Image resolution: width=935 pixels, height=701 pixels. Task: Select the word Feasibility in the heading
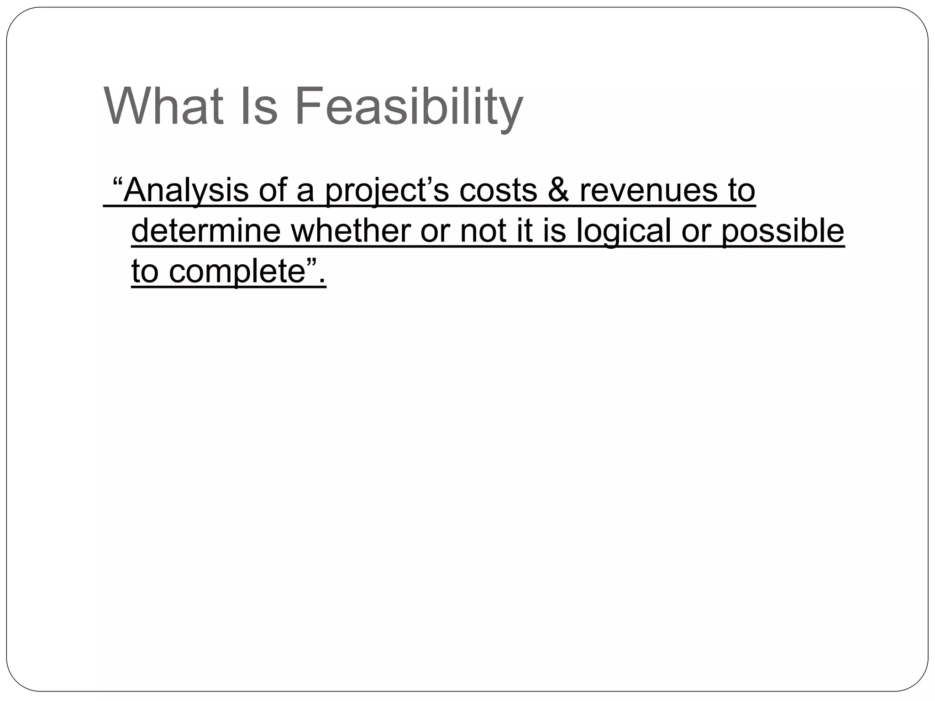coord(409,108)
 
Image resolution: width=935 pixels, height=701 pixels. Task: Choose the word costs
coord(498,191)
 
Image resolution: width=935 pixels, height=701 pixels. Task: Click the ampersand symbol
coord(558,191)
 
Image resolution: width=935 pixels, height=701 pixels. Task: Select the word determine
coord(206,231)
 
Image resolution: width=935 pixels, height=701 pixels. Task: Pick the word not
coord(483,231)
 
